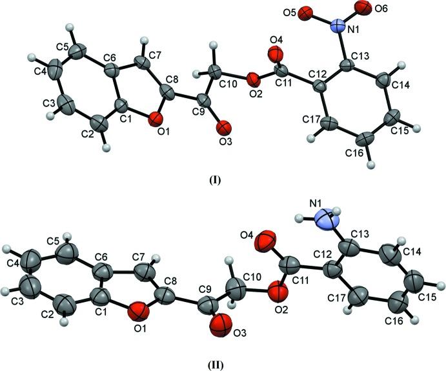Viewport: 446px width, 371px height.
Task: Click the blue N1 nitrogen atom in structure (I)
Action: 338,26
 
